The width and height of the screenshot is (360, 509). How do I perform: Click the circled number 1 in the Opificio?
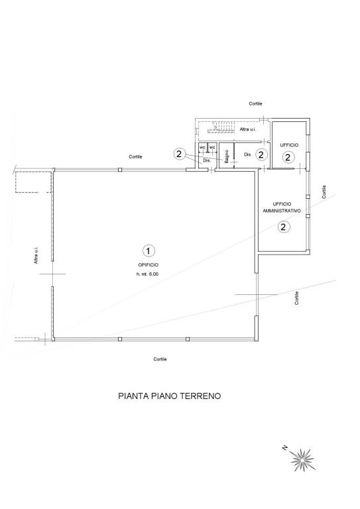click(x=149, y=250)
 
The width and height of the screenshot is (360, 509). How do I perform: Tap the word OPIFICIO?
click(x=149, y=265)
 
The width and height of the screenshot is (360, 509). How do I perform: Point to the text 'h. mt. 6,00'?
click(x=149, y=274)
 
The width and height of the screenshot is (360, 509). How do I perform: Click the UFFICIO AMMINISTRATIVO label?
click(x=282, y=207)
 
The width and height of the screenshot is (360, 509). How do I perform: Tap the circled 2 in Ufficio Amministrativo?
click(x=283, y=227)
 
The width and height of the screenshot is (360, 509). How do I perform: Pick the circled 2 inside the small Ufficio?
click(x=288, y=157)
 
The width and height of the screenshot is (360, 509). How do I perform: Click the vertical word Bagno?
click(x=227, y=156)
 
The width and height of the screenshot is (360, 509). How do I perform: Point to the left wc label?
click(x=202, y=147)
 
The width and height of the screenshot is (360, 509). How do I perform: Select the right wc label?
click(x=212, y=147)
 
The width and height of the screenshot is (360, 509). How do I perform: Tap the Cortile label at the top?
click(x=255, y=104)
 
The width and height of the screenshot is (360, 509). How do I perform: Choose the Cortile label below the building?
click(x=160, y=359)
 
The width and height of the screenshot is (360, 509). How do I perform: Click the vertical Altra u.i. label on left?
click(x=36, y=256)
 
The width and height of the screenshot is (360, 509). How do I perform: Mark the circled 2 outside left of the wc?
click(x=178, y=154)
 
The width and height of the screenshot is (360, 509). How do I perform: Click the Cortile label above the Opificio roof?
click(x=136, y=156)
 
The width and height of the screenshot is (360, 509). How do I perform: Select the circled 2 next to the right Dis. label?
click(x=261, y=154)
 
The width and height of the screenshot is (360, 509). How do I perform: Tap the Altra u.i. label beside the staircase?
click(x=249, y=130)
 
